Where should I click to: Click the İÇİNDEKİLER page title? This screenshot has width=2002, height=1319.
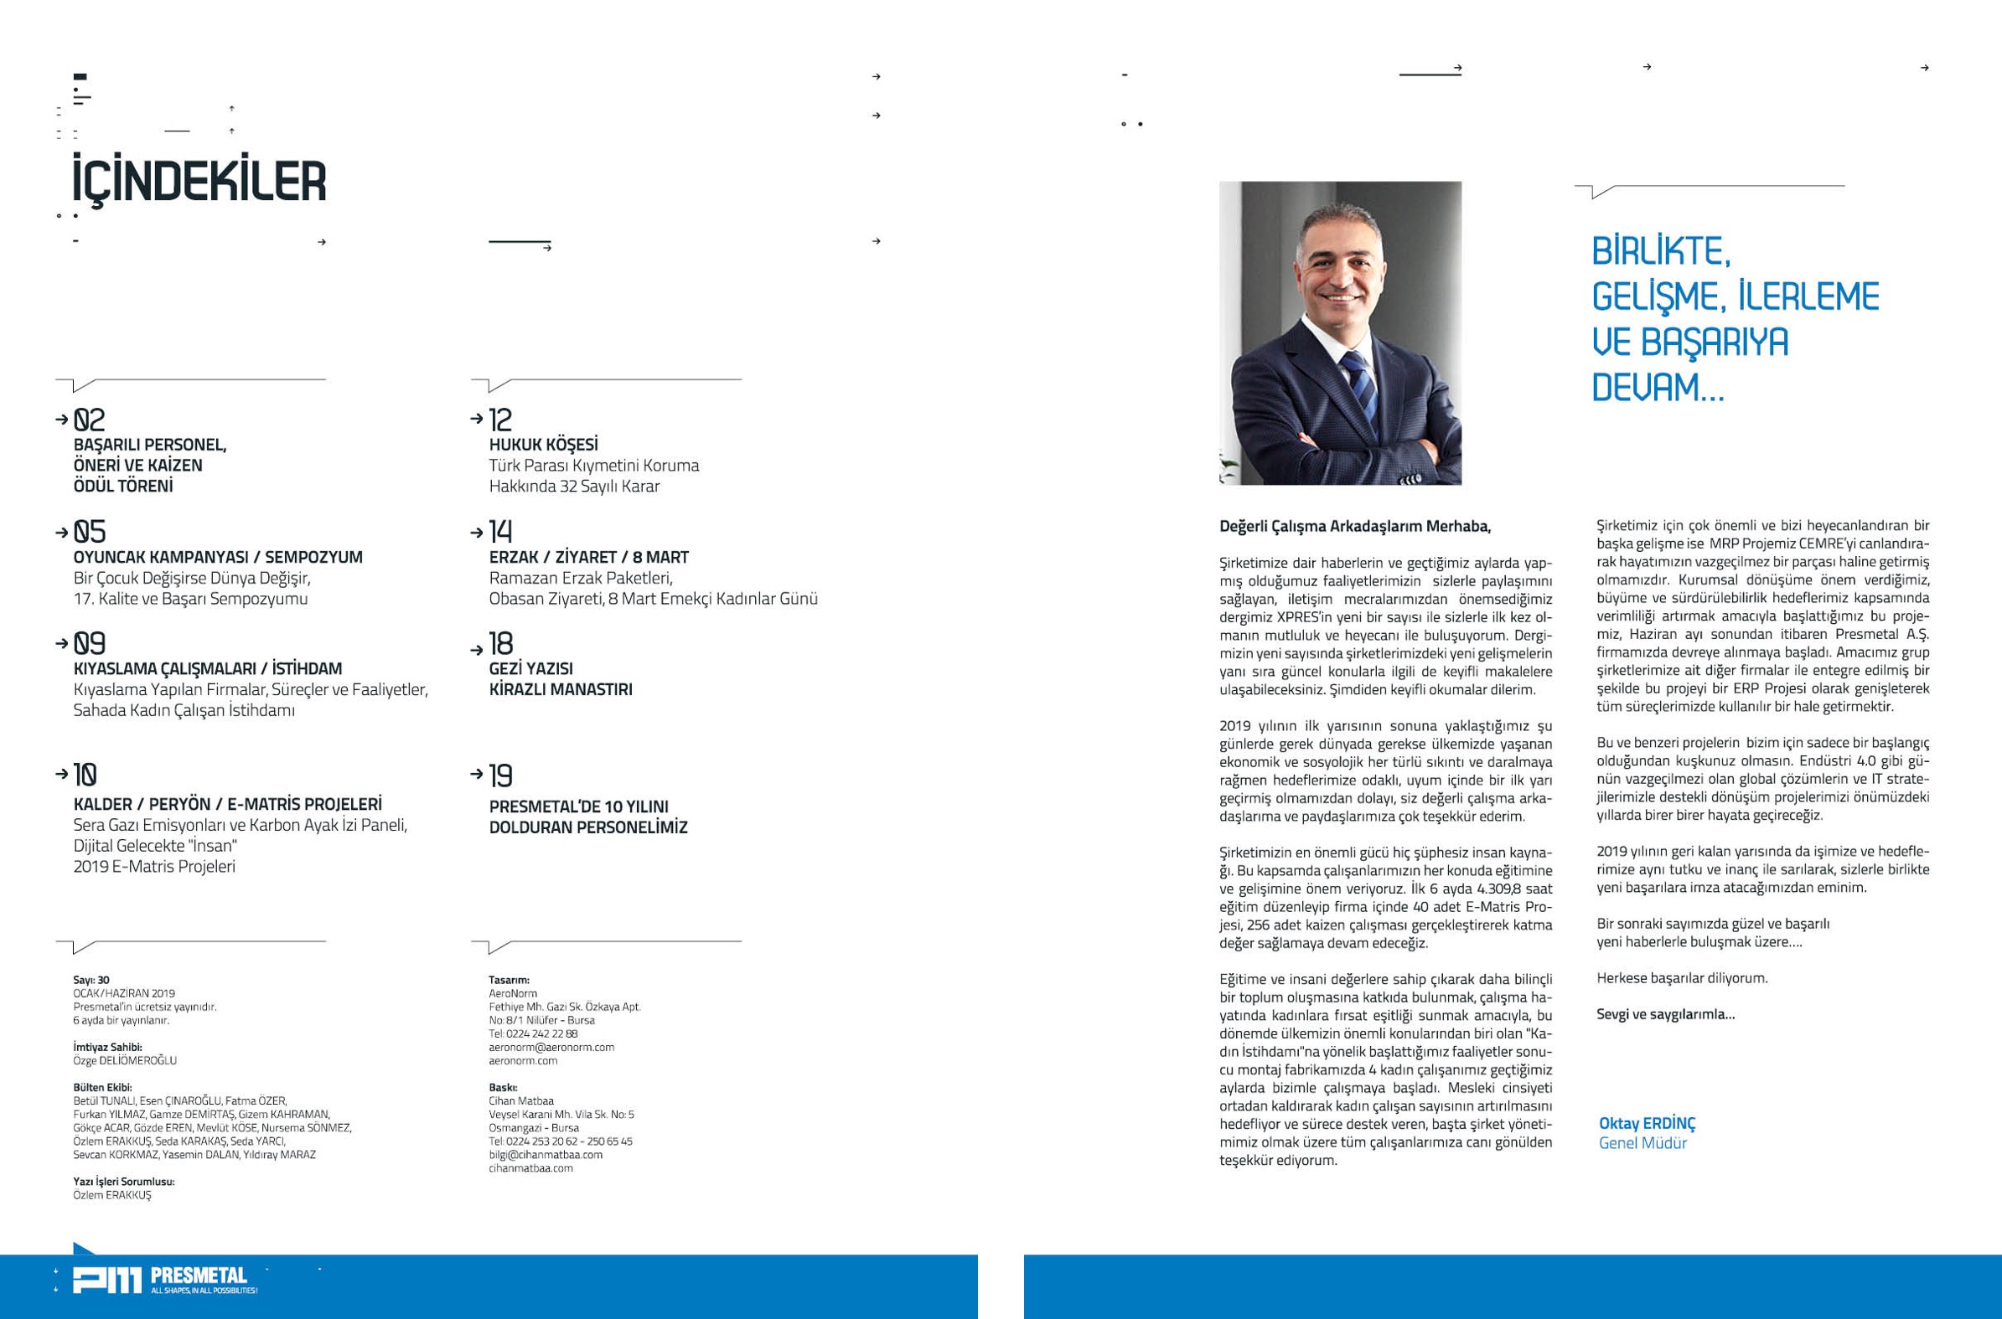click(x=199, y=179)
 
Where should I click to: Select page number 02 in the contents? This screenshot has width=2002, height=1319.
click(x=89, y=419)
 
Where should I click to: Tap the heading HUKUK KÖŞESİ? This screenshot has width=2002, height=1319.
click(x=543, y=444)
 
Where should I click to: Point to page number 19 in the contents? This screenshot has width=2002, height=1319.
click(x=501, y=775)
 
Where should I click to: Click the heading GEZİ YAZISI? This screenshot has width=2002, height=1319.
click(x=530, y=668)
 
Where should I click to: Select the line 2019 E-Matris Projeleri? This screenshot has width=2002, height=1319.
click(x=154, y=867)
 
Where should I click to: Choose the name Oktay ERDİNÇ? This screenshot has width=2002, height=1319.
click(x=1646, y=1123)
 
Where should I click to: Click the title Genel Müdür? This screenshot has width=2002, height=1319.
click(x=1642, y=1142)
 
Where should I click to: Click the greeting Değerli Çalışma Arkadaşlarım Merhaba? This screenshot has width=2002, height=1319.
click(x=1354, y=527)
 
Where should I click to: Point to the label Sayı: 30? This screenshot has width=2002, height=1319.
click(x=91, y=980)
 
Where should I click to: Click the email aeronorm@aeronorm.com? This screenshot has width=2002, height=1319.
click(x=551, y=1048)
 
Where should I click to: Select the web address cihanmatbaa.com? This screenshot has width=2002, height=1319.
click(x=530, y=1167)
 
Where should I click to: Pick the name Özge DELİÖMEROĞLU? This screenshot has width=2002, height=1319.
click(x=125, y=1061)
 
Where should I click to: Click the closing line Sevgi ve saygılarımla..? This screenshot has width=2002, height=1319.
click(x=1664, y=1013)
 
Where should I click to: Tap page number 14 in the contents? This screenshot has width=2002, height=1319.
click(x=501, y=531)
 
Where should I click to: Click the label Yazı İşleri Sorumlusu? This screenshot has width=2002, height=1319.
click(x=123, y=1181)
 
